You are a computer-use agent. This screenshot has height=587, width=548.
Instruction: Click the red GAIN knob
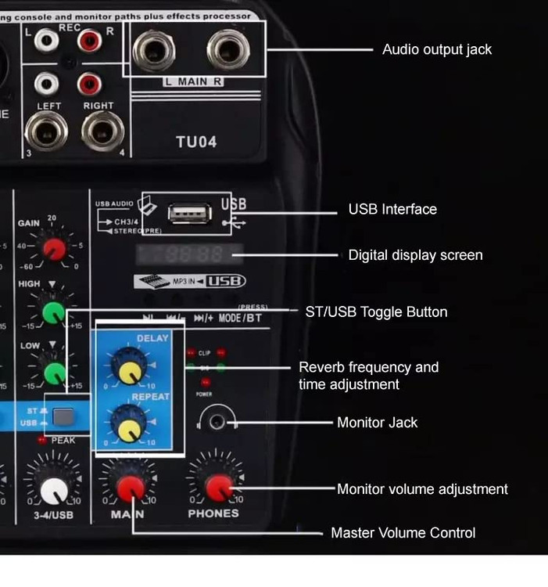[x=53, y=249]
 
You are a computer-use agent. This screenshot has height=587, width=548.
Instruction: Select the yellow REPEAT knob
[x=126, y=423]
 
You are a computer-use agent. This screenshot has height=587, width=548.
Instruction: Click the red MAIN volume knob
[x=130, y=488]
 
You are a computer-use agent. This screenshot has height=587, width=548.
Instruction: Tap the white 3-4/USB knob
[x=53, y=490]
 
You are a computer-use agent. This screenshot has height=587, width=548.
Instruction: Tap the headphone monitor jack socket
[x=217, y=422]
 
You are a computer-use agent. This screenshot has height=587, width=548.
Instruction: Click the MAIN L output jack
[x=154, y=51]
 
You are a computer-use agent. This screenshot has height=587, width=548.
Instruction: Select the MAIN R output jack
[x=228, y=51]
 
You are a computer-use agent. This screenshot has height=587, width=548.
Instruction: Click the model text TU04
[x=196, y=142]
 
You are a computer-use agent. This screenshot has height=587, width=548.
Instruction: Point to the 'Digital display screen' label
[x=415, y=255]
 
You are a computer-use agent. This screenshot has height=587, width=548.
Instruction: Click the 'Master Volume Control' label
[x=403, y=533]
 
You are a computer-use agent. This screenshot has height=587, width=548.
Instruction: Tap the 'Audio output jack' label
[x=437, y=49]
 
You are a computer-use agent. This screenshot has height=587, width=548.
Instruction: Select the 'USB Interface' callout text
[x=392, y=209]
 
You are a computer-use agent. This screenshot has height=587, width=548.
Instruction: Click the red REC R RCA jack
[x=89, y=40]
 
